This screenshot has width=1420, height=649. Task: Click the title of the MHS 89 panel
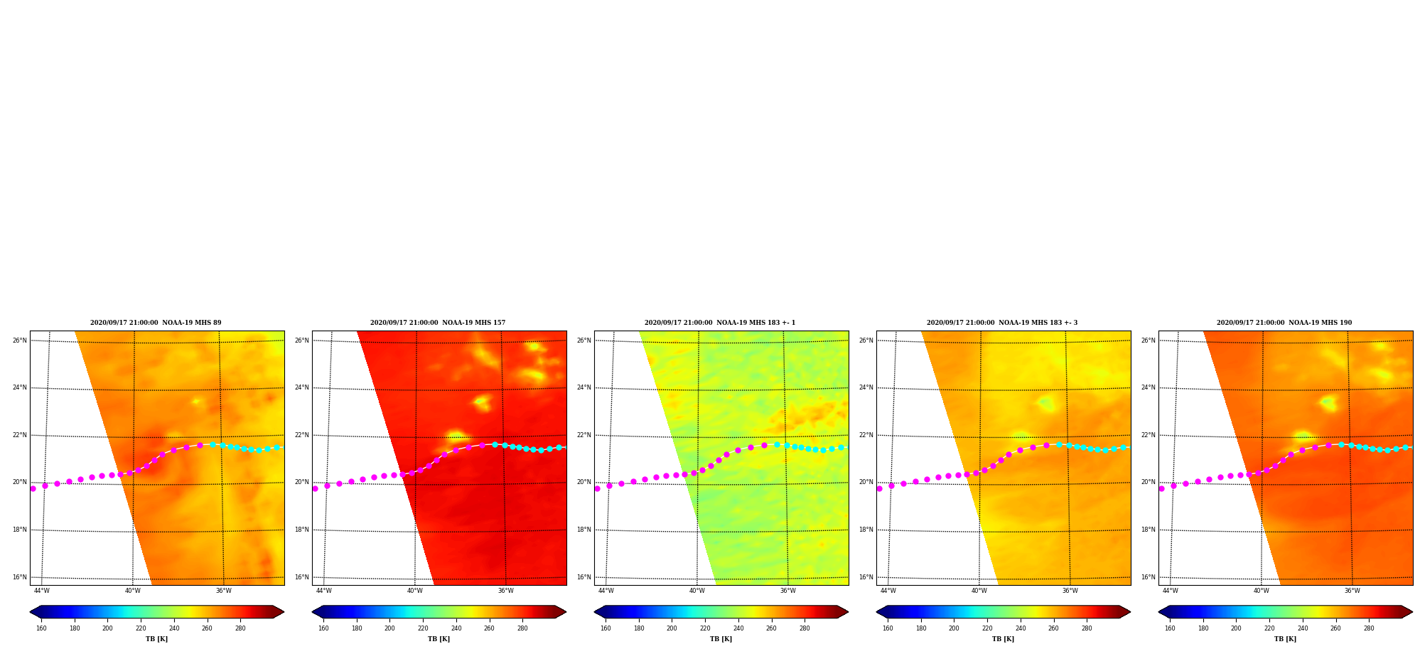click(x=156, y=323)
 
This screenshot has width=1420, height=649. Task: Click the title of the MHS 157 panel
click(x=438, y=323)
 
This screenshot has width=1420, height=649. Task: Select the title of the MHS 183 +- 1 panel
click(x=720, y=323)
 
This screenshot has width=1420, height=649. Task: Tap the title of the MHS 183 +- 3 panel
click(x=1002, y=323)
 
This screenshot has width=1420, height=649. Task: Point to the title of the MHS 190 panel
click(x=1284, y=323)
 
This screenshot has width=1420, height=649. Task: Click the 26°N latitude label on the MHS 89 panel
click(x=20, y=340)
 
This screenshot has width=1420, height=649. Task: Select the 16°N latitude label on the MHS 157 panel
click(x=302, y=577)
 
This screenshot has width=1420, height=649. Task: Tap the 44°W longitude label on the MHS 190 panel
click(x=1171, y=591)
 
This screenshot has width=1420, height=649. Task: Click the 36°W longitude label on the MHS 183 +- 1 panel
click(x=788, y=591)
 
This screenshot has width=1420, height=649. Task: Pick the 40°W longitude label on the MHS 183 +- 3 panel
click(x=979, y=591)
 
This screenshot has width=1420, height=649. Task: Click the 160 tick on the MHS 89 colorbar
click(x=41, y=628)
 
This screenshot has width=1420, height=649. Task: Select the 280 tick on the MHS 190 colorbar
click(x=1369, y=628)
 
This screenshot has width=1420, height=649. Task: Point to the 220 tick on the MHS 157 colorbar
click(x=423, y=628)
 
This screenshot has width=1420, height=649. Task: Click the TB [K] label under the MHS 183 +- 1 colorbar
click(x=721, y=639)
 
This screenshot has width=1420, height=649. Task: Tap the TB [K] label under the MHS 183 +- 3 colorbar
click(x=1003, y=639)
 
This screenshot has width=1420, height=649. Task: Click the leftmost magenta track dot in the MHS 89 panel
click(x=33, y=488)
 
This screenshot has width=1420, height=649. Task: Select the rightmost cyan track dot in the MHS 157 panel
click(x=559, y=447)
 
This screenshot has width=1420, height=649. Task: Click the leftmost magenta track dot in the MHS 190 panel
click(x=1161, y=488)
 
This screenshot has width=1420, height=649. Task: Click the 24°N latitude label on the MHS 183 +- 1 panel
click(x=584, y=388)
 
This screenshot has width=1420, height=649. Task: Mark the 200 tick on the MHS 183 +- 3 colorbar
click(x=954, y=628)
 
